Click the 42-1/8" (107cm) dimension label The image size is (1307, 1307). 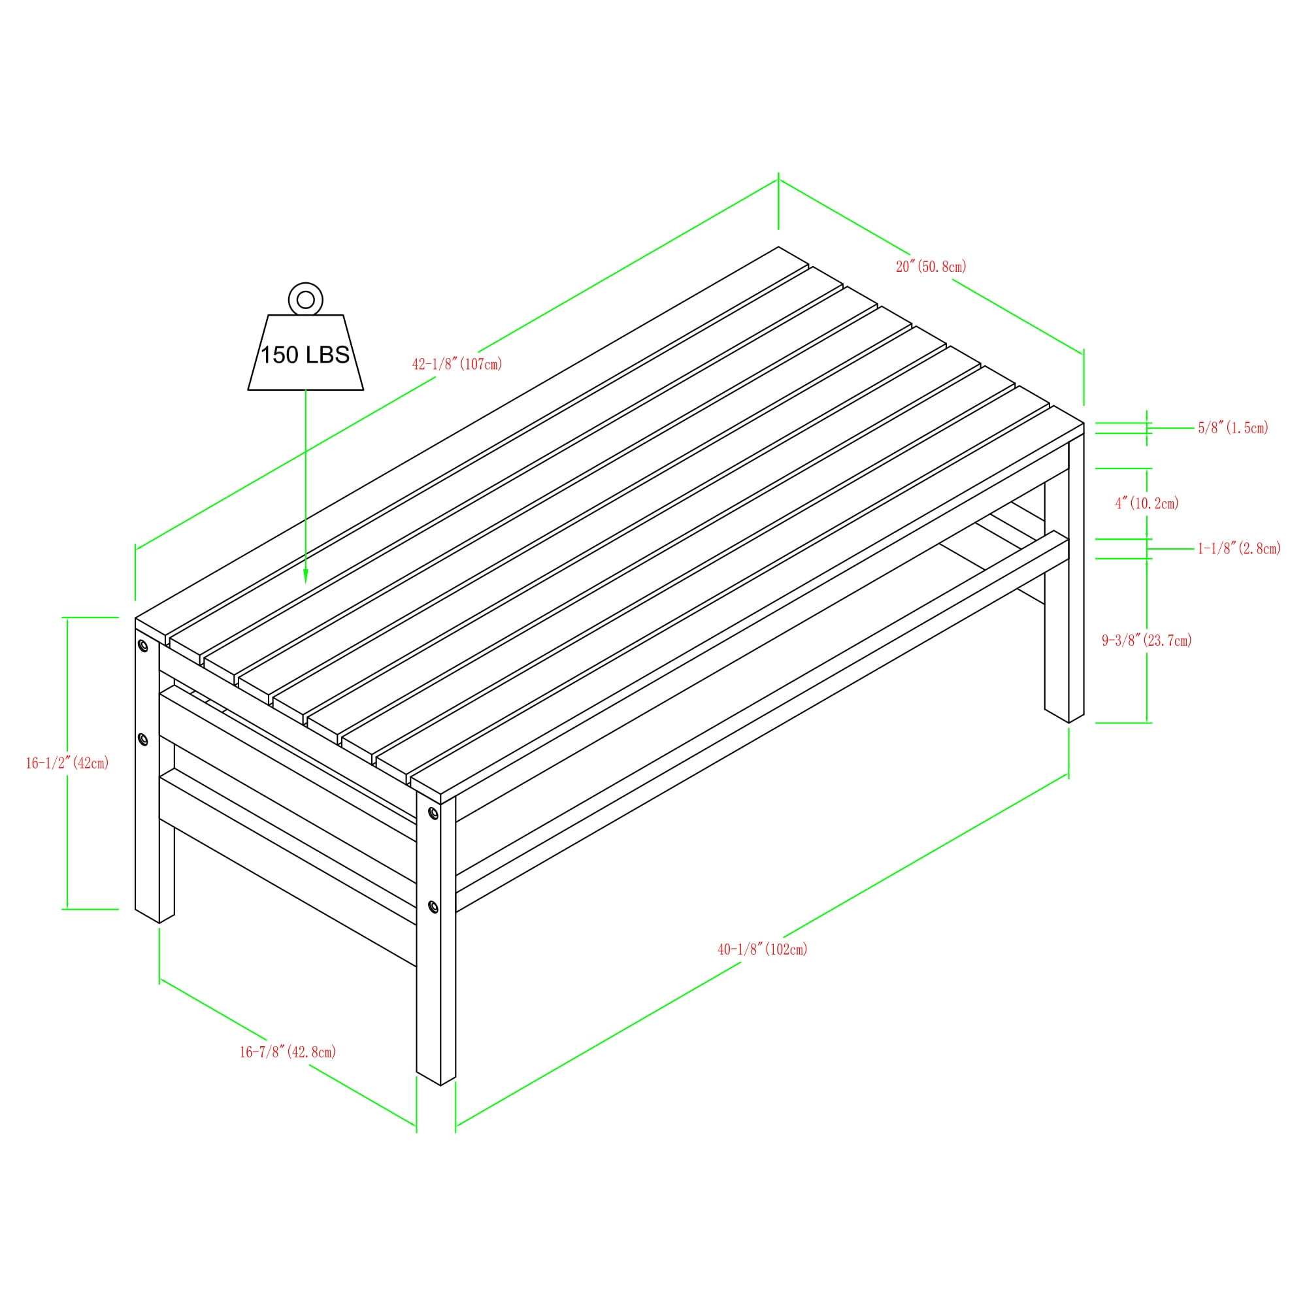click(x=457, y=364)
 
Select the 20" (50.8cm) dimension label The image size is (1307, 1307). click(x=931, y=267)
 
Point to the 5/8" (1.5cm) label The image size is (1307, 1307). click(x=1233, y=427)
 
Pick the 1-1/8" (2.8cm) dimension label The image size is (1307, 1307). click(x=1239, y=549)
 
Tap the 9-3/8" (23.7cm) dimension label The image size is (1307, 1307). click(x=1147, y=640)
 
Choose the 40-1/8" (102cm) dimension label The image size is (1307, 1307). click(x=763, y=949)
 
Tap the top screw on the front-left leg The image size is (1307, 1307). click(x=142, y=646)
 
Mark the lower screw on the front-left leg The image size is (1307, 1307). click(x=142, y=739)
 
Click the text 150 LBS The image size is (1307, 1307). click(x=305, y=355)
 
